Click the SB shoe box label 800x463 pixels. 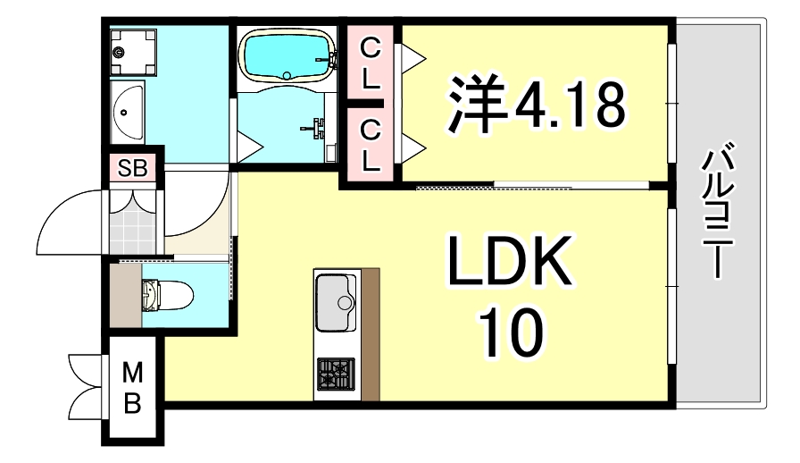coord(134,167)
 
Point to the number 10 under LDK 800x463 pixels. coord(511,334)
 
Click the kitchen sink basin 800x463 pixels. coord(336,292)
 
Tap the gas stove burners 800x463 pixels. coord(336,373)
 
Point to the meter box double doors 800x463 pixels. coord(87,385)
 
